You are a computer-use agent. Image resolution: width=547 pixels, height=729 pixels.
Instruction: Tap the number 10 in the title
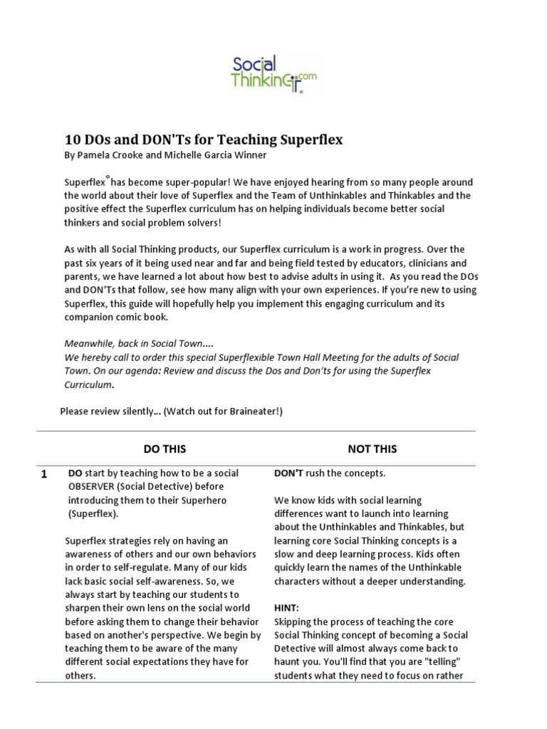click(x=74, y=140)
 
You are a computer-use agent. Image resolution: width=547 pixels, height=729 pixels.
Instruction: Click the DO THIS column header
click(x=165, y=449)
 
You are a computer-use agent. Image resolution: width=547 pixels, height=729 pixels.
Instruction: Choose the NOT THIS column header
click(x=372, y=449)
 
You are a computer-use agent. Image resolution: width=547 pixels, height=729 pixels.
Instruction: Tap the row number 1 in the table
click(x=44, y=475)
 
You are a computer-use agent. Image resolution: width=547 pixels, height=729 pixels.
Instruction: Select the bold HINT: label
click(x=288, y=608)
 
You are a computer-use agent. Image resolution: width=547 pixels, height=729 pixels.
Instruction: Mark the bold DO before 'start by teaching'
click(x=75, y=473)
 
